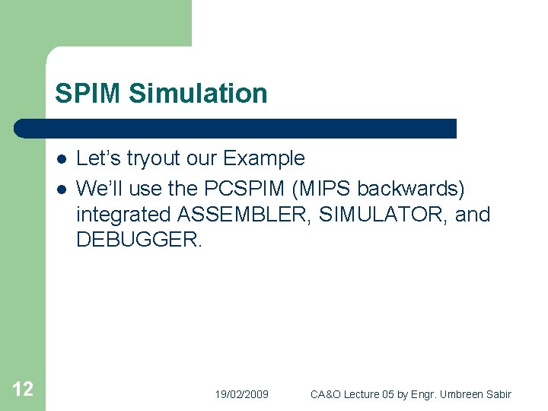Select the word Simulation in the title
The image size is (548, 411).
point(198,94)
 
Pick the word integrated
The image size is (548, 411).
point(123,215)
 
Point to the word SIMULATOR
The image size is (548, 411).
point(384,215)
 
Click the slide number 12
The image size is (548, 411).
point(23,390)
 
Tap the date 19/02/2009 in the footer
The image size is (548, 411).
point(241,394)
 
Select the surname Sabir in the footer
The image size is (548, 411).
point(499,394)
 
